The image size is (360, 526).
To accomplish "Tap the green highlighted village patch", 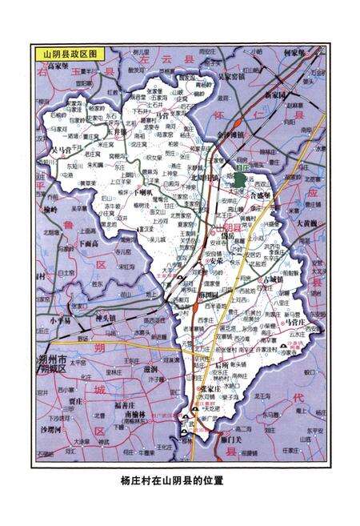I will click(x=239, y=178).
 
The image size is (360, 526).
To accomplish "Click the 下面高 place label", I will click(x=92, y=243).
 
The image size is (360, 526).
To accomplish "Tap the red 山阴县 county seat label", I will click(x=222, y=230).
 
